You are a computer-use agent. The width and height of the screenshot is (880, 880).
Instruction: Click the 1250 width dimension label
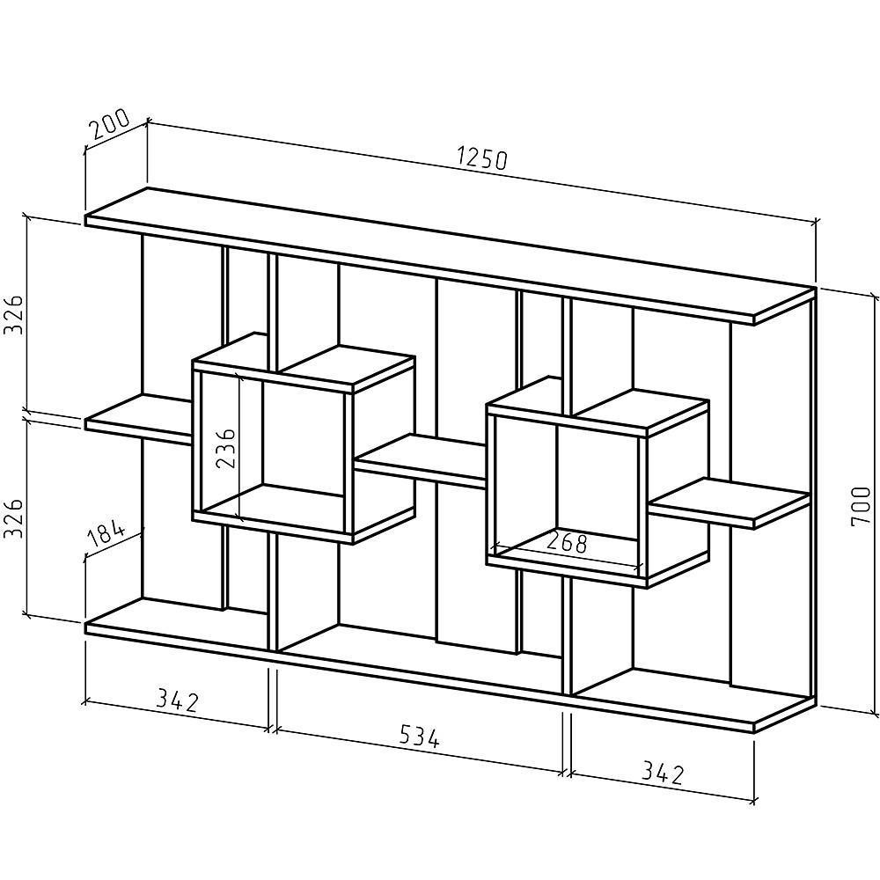[482, 158]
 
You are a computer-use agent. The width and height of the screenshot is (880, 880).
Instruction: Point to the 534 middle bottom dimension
[419, 736]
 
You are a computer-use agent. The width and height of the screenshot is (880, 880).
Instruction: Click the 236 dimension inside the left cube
[226, 450]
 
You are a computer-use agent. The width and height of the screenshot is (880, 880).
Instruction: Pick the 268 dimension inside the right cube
[566, 543]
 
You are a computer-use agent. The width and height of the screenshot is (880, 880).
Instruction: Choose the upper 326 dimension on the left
[12, 314]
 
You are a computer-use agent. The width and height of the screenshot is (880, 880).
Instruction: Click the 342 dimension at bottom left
[178, 700]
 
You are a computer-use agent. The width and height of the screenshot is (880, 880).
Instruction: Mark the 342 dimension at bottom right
[661, 774]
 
